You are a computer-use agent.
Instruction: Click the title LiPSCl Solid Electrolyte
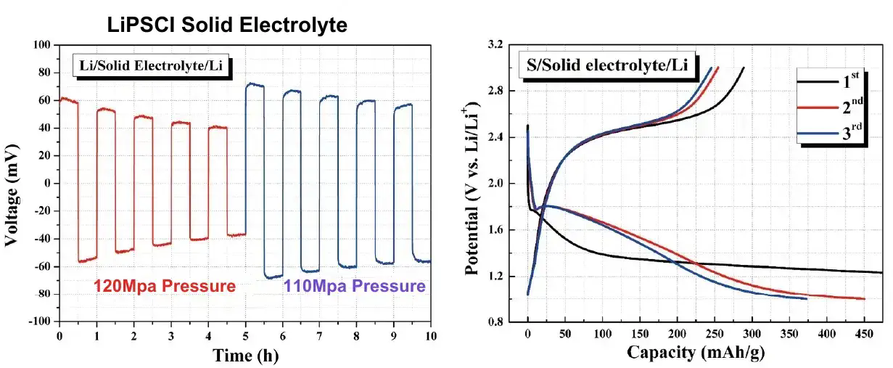[228, 26]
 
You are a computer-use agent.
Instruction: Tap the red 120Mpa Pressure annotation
[165, 287]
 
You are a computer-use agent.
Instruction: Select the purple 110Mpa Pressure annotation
[355, 287]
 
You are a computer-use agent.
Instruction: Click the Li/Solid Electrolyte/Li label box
[152, 67]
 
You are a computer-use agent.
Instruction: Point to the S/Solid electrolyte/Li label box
[606, 66]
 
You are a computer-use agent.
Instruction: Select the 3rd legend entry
[832, 134]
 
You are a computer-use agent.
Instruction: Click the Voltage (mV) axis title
[13, 183]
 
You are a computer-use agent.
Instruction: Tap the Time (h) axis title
[245, 356]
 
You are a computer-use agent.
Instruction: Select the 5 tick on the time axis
[245, 336]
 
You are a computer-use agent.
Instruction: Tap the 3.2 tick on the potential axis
[496, 45]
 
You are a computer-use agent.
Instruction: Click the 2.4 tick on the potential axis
[496, 137]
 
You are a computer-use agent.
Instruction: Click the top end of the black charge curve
[744, 68]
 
